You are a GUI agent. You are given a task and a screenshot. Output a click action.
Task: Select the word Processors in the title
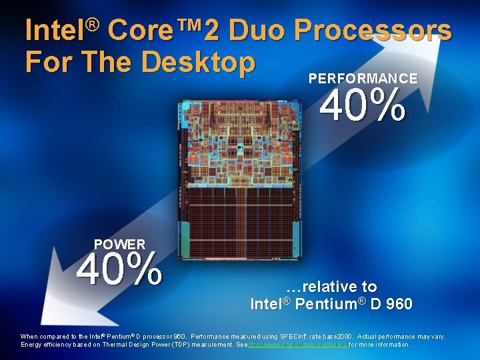(372, 30)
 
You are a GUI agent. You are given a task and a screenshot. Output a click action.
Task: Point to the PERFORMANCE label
(363, 78)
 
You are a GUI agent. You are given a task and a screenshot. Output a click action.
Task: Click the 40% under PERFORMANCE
(363, 107)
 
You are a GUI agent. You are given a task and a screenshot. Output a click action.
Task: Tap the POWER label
(119, 245)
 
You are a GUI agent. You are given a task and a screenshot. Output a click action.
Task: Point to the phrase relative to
(331, 287)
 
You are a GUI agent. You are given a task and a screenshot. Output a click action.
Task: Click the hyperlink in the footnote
(298, 345)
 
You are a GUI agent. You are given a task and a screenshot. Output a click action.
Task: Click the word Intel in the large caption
(266, 305)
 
